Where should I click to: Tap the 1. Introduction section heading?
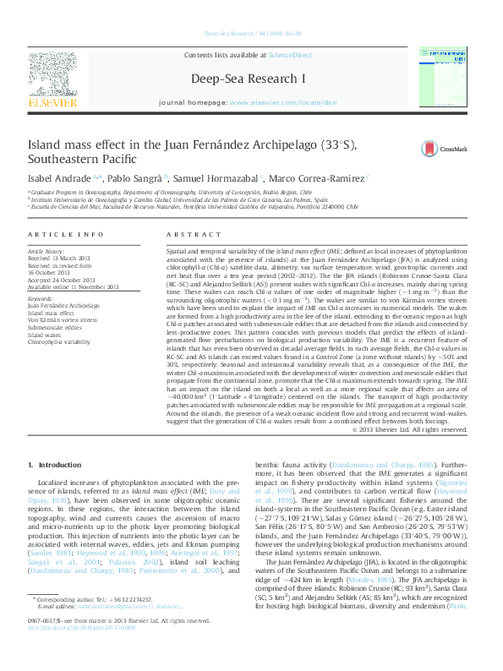tap(54, 465)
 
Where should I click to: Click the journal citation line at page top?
tap(251, 34)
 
